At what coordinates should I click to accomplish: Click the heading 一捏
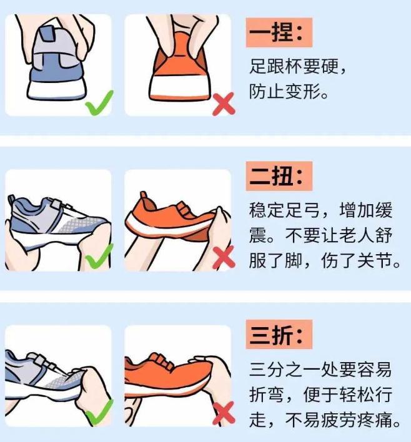279,32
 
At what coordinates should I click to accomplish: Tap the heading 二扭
279,176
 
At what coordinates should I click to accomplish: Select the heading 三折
279,335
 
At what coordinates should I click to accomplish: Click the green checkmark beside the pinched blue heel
99,103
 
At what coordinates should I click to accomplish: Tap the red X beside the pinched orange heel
224,104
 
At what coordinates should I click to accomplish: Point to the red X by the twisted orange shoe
224,257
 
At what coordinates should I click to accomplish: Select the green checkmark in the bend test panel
99,413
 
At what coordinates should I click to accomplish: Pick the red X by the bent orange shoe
224,413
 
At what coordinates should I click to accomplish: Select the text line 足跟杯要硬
297,67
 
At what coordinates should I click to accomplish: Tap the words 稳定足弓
284,210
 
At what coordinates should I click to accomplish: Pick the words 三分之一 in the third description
284,370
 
